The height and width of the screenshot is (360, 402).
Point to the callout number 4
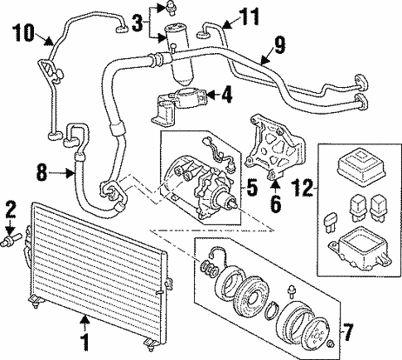225,97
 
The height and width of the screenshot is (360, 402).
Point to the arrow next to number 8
65,173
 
